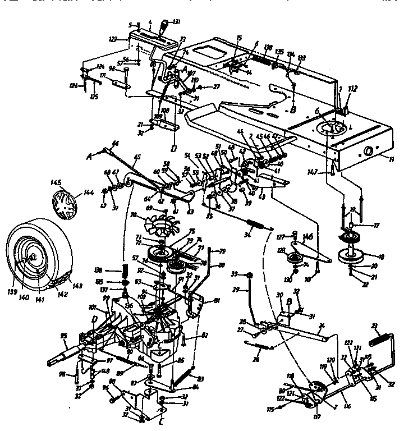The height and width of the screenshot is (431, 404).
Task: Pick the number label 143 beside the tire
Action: (x=77, y=286)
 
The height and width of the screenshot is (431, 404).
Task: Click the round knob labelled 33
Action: (x=251, y=275)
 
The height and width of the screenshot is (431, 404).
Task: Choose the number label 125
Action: (x=94, y=97)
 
